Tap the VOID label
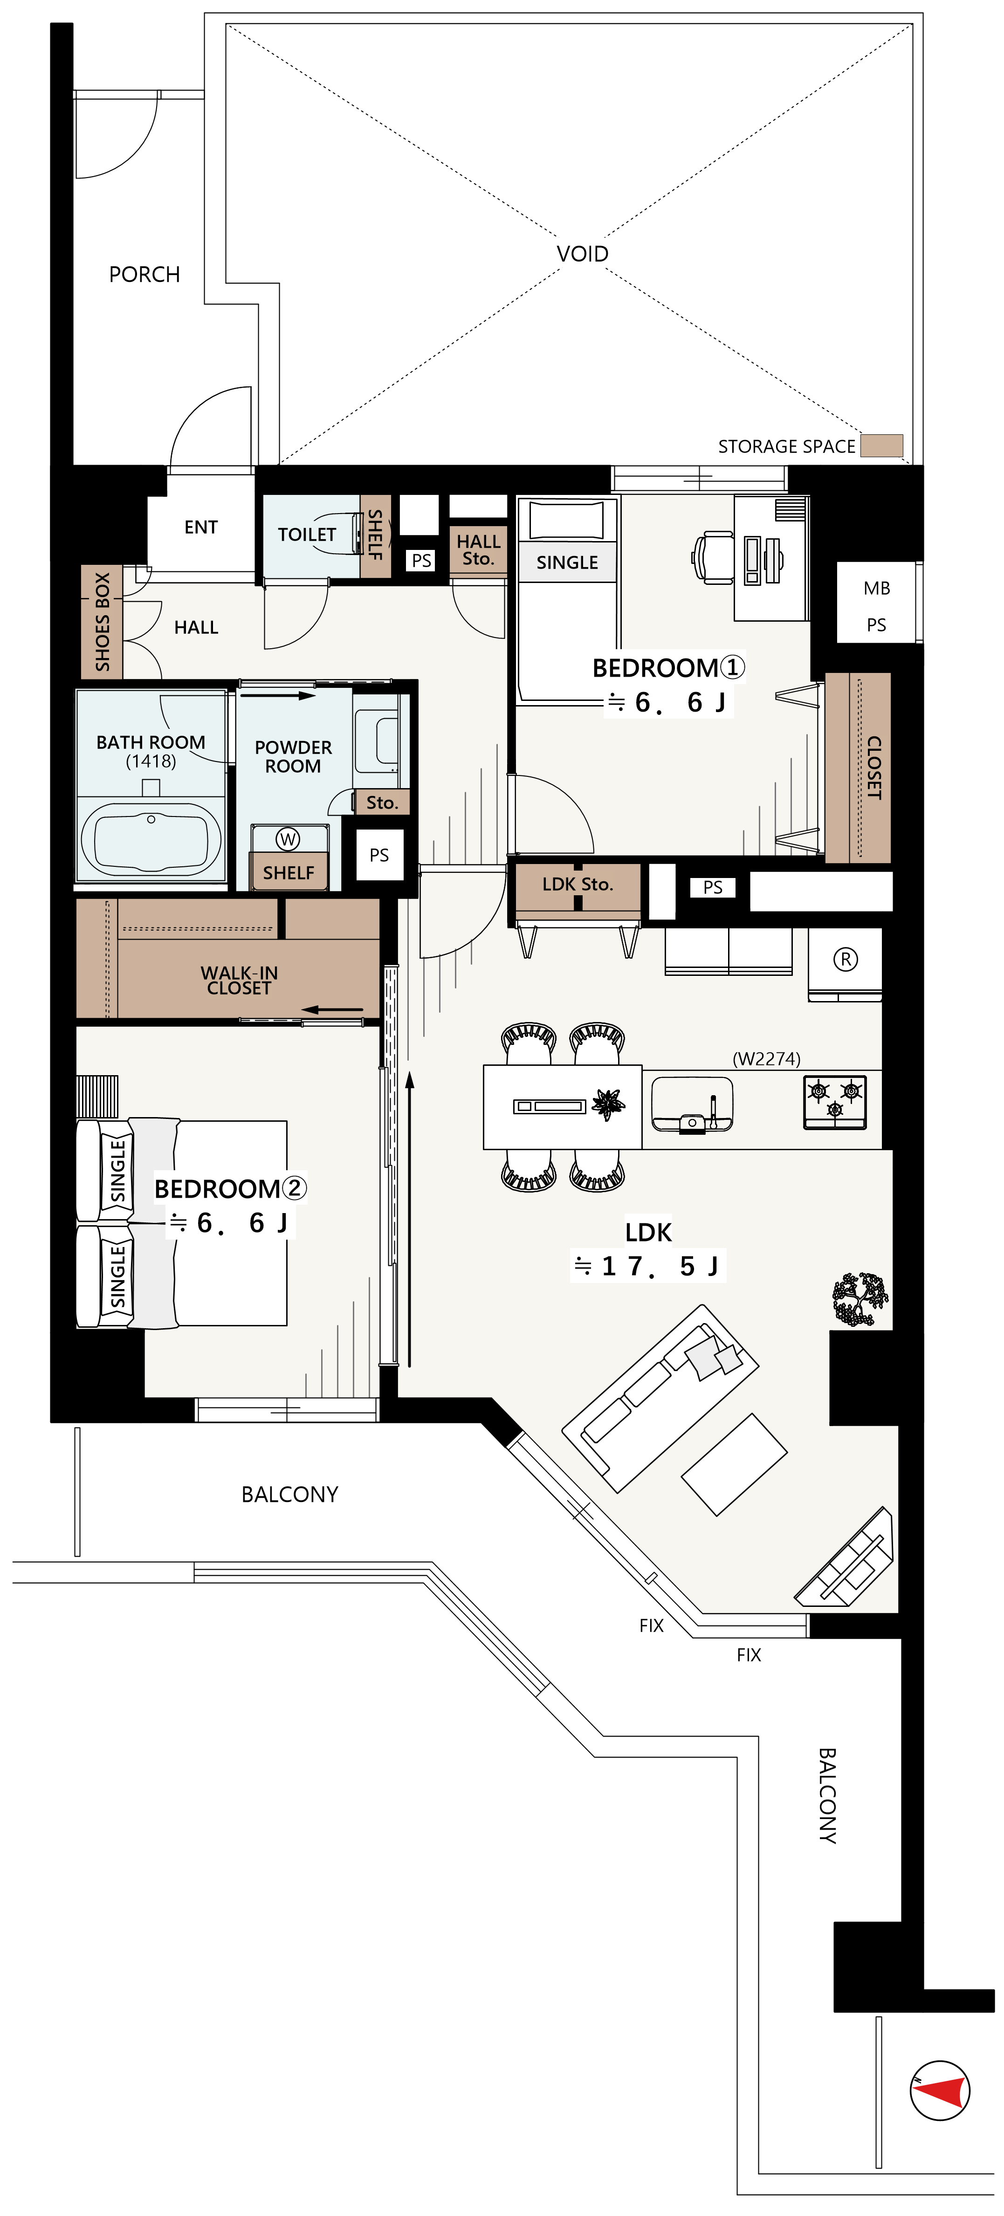583,254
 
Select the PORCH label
144,274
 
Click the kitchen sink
693,1103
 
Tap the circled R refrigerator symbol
846,959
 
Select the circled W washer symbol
288,839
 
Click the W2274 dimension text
767,1059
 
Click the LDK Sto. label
578,885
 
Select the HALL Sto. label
478,550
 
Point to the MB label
877,589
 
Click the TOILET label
306,534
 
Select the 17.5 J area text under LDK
649,1266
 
